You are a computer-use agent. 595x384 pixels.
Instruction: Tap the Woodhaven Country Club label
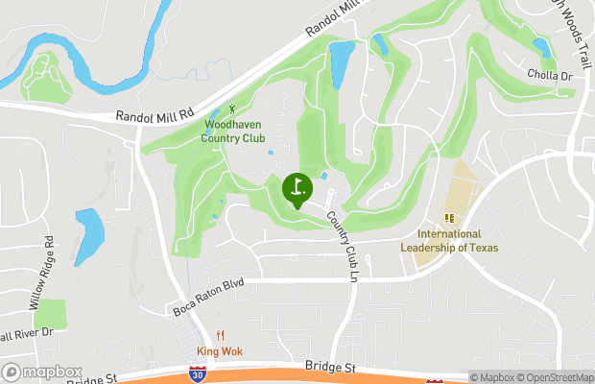[x=233, y=131]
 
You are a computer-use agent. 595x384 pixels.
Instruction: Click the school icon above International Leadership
[x=449, y=218]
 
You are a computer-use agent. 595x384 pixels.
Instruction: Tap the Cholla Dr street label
[x=549, y=75]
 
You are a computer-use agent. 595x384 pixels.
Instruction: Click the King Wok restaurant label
[x=220, y=351]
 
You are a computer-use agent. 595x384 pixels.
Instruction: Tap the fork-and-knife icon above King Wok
[x=220, y=335]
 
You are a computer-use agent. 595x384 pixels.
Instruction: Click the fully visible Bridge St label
[x=330, y=367]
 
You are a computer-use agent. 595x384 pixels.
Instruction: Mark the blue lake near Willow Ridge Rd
[x=89, y=236]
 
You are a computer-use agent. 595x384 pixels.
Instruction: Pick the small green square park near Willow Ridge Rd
[x=49, y=314]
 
